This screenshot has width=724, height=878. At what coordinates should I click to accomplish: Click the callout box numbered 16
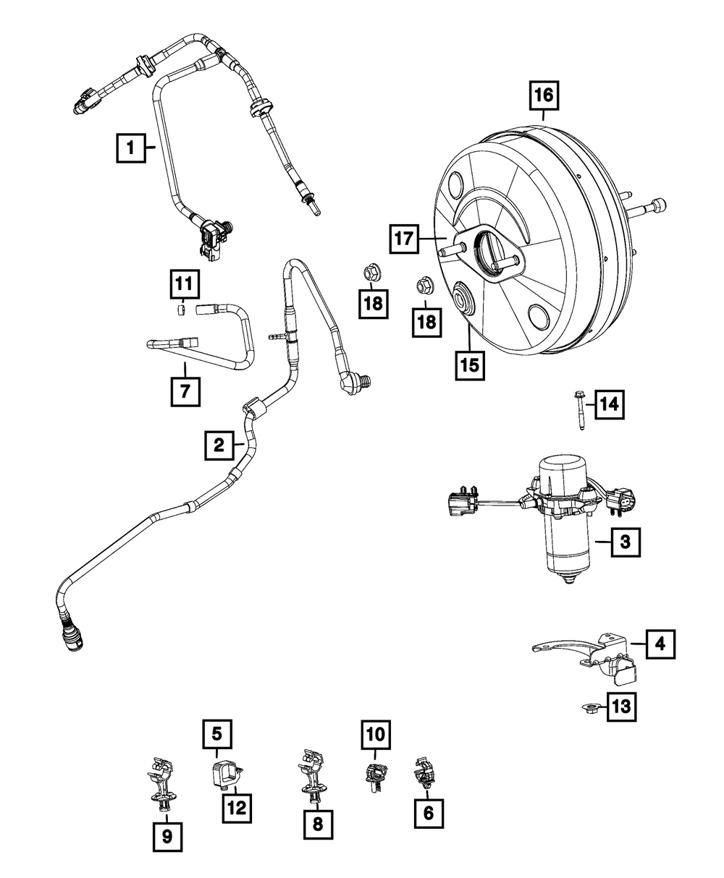(544, 95)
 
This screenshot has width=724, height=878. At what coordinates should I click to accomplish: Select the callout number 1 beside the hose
(131, 149)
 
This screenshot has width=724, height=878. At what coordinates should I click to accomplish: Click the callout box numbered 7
(185, 391)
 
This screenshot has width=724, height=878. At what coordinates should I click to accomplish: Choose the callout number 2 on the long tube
(219, 445)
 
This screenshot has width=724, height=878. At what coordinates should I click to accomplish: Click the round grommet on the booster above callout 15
(461, 299)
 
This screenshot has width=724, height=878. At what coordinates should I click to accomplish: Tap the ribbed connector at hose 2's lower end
(70, 634)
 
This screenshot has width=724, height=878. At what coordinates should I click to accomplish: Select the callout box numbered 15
(470, 365)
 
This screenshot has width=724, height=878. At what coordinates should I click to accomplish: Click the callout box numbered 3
(626, 540)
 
